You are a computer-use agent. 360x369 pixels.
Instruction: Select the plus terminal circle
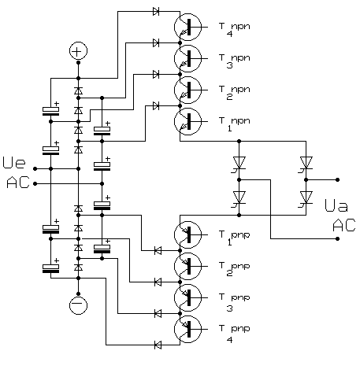tap(77, 51)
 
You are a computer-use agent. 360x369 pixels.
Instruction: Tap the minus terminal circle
tap(77, 304)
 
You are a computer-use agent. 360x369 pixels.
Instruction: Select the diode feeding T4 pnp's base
tap(158, 344)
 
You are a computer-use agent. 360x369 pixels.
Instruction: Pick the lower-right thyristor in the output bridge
tap(305, 197)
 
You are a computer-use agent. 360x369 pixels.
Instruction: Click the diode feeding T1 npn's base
tap(156, 105)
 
